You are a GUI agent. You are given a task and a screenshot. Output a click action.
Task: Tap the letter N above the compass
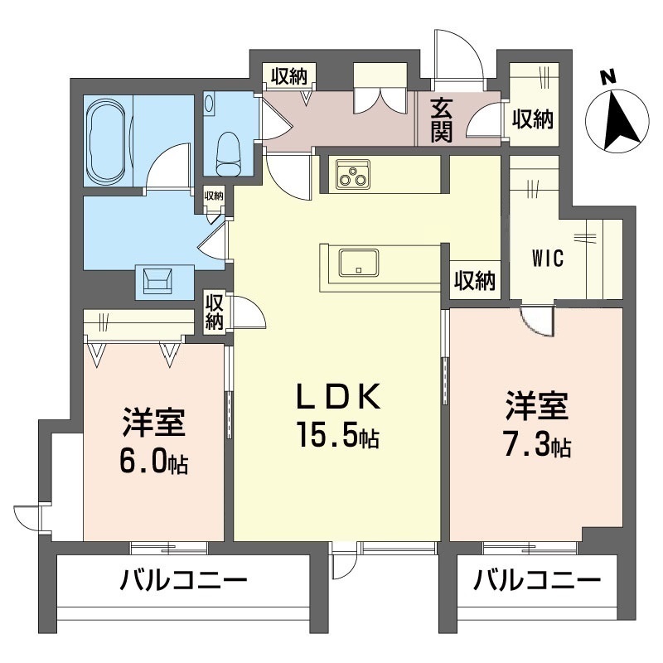click(x=607, y=77)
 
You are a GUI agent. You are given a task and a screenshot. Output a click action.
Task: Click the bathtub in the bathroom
click(x=107, y=142)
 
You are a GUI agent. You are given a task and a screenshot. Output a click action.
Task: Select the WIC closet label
click(x=548, y=258)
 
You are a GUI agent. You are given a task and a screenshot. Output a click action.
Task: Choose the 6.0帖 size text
click(x=153, y=460)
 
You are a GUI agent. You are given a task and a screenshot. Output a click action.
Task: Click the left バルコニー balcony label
click(x=182, y=580)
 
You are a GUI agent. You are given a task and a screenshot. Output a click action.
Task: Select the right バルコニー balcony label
click(x=537, y=580)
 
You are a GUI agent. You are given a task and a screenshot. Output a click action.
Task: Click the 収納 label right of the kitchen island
click(x=475, y=281)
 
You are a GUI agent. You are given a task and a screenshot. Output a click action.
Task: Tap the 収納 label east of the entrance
click(x=532, y=119)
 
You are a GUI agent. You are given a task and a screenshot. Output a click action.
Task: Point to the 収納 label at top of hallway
click(x=288, y=77)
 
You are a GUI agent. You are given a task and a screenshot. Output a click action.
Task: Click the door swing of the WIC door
click(x=536, y=322)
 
